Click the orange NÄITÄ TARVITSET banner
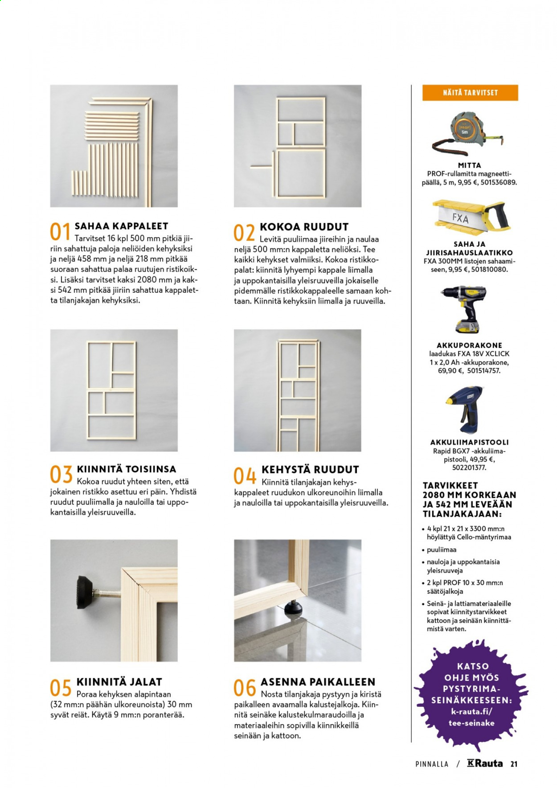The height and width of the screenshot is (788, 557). [x=470, y=93]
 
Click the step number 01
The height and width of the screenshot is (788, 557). [x=60, y=233]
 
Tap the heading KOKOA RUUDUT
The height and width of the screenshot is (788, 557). [x=304, y=227]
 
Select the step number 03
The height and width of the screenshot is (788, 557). [x=61, y=475]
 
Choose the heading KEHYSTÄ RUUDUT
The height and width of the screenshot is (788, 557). [x=310, y=469]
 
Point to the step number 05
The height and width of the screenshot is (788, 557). [x=61, y=688]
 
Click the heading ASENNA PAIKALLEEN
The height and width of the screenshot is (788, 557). [x=318, y=682]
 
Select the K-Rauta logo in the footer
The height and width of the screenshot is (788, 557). [x=485, y=763]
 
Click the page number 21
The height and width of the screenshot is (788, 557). [x=514, y=764]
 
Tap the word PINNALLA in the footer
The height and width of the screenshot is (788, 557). [x=432, y=764]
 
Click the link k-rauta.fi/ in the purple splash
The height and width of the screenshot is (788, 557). [x=471, y=711]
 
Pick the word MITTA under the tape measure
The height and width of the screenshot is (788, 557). [x=469, y=165]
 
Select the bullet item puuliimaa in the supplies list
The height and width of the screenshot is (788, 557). [x=442, y=550]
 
